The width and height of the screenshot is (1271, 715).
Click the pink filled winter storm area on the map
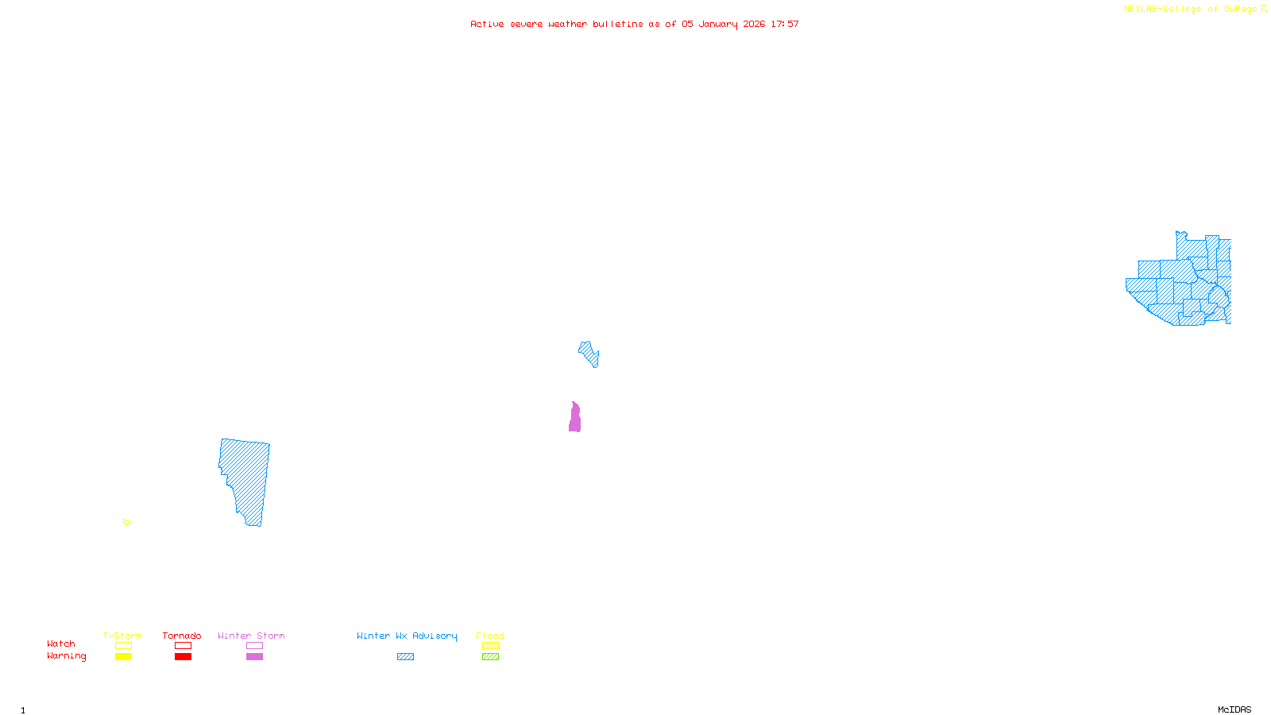574,419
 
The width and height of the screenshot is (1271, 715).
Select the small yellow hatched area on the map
126,522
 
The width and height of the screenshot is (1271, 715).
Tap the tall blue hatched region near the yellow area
246,477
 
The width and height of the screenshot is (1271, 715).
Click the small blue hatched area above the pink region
589,353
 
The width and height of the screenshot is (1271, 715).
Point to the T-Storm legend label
122,636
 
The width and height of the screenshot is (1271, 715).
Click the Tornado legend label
182,636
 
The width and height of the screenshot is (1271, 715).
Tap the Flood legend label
490,636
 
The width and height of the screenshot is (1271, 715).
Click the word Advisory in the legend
435,636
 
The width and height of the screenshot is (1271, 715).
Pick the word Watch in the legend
61,643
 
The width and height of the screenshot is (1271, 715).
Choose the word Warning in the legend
66,656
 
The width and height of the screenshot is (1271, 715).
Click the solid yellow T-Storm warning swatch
123,657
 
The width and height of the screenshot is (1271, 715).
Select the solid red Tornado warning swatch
183,657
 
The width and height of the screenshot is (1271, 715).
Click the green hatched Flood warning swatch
490,657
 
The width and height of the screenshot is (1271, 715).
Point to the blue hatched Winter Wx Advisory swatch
405,657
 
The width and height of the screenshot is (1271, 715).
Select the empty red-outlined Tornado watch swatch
183,646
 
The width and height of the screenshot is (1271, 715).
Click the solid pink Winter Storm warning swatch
254,657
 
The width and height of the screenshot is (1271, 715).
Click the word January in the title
718,24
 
